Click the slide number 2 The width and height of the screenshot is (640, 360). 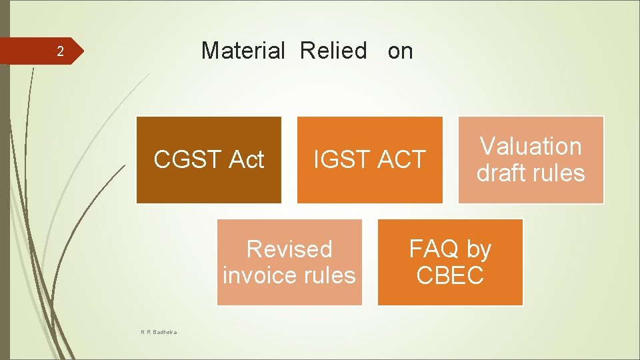click(x=59, y=51)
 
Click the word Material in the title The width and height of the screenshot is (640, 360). click(x=243, y=51)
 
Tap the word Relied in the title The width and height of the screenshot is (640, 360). click(x=333, y=51)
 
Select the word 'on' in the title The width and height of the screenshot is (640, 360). click(x=400, y=51)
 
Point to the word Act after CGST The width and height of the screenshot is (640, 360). click(x=246, y=160)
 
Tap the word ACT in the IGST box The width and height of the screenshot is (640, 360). click(x=400, y=160)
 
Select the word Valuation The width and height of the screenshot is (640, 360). click(x=531, y=146)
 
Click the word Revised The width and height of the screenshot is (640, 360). click(x=289, y=249)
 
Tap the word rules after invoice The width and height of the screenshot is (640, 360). click(x=331, y=275)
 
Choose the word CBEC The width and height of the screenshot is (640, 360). click(x=450, y=275)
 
